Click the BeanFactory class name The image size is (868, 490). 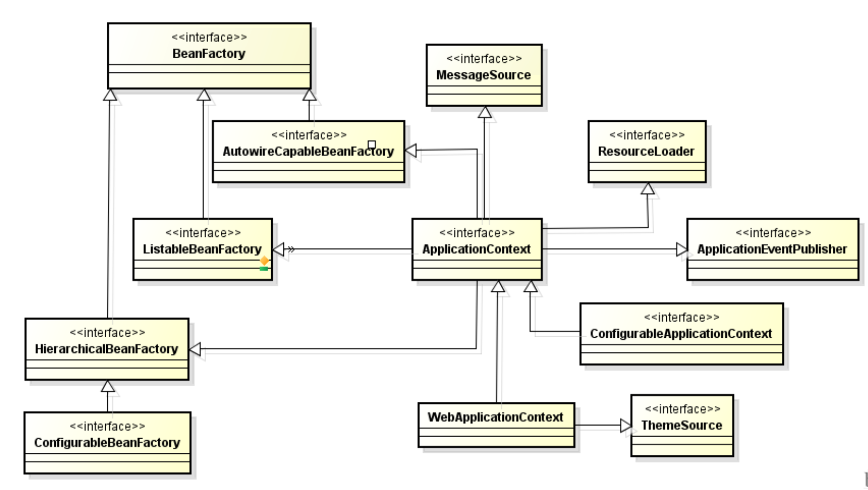(209, 53)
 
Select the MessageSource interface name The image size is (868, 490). (483, 75)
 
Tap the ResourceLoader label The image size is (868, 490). (646, 151)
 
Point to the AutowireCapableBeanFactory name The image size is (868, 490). (308, 151)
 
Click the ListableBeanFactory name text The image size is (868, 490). (202, 249)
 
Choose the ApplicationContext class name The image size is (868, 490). (476, 249)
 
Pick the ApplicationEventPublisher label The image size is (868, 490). (772, 249)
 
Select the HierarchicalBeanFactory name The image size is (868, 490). (106, 349)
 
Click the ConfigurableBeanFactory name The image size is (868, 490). (107, 443)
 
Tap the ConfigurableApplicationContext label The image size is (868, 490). (680, 334)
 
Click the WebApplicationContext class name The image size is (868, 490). (495, 417)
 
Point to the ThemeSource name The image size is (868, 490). (681, 425)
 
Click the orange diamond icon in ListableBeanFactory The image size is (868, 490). (264, 260)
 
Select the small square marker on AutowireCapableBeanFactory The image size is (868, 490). (372, 144)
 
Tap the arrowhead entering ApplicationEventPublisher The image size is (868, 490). (682, 250)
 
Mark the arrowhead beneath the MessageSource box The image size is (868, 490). (484, 113)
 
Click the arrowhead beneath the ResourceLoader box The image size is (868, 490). (648, 188)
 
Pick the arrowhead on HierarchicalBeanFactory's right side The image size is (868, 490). (195, 349)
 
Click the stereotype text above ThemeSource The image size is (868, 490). (682, 409)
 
